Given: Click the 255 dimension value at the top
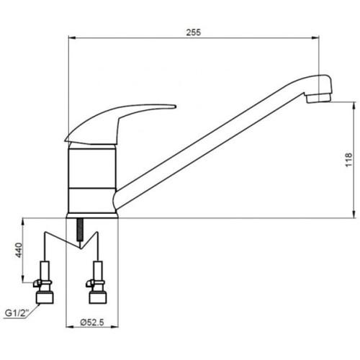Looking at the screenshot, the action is (194, 32).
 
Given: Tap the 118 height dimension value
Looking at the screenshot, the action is (348, 160).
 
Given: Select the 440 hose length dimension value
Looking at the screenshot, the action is (19, 250).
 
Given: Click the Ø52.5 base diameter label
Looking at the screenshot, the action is (92, 323).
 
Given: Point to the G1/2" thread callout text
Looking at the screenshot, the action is (17, 313).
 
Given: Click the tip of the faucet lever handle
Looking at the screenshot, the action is (175, 107).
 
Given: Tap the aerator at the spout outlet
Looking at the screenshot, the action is (319, 98).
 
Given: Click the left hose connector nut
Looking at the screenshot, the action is (45, 297).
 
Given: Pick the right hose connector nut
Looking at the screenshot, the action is (98, 297).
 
